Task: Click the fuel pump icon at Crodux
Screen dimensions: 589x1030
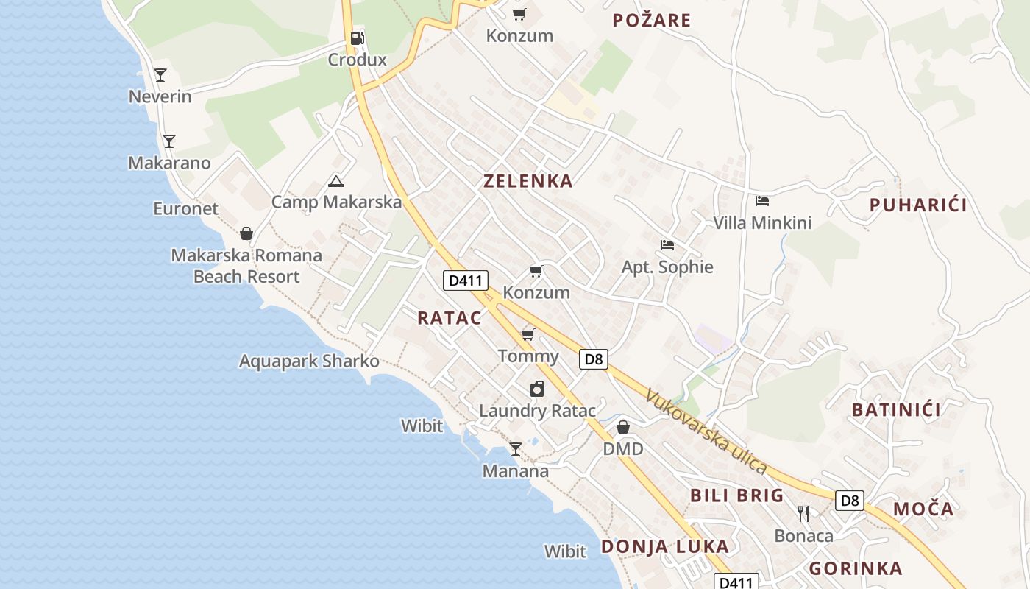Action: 357,38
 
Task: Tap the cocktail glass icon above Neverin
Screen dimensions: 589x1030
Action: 160,74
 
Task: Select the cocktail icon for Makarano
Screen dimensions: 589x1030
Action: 169,141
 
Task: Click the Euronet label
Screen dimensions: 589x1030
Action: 185,208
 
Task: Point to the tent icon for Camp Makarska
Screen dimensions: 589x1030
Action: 336,180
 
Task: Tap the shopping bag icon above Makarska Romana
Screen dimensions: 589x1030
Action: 246,233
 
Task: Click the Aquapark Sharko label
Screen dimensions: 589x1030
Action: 309,361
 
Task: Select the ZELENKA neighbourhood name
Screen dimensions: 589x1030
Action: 528,181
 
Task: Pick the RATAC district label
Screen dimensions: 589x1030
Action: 449,318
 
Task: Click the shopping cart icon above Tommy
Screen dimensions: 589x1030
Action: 528,335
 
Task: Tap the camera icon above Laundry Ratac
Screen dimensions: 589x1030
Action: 537,389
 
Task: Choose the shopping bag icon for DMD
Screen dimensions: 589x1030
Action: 623,427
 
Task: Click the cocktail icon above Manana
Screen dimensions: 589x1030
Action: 516,448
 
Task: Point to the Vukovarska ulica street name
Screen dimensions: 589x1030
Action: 706,431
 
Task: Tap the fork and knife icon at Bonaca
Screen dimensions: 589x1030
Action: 803,513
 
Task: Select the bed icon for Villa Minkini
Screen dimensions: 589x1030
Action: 762,200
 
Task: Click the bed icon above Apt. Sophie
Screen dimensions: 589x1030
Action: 667,245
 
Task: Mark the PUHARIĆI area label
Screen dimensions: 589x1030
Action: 918,205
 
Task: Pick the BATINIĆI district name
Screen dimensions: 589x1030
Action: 896,409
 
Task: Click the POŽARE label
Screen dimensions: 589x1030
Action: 651,20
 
